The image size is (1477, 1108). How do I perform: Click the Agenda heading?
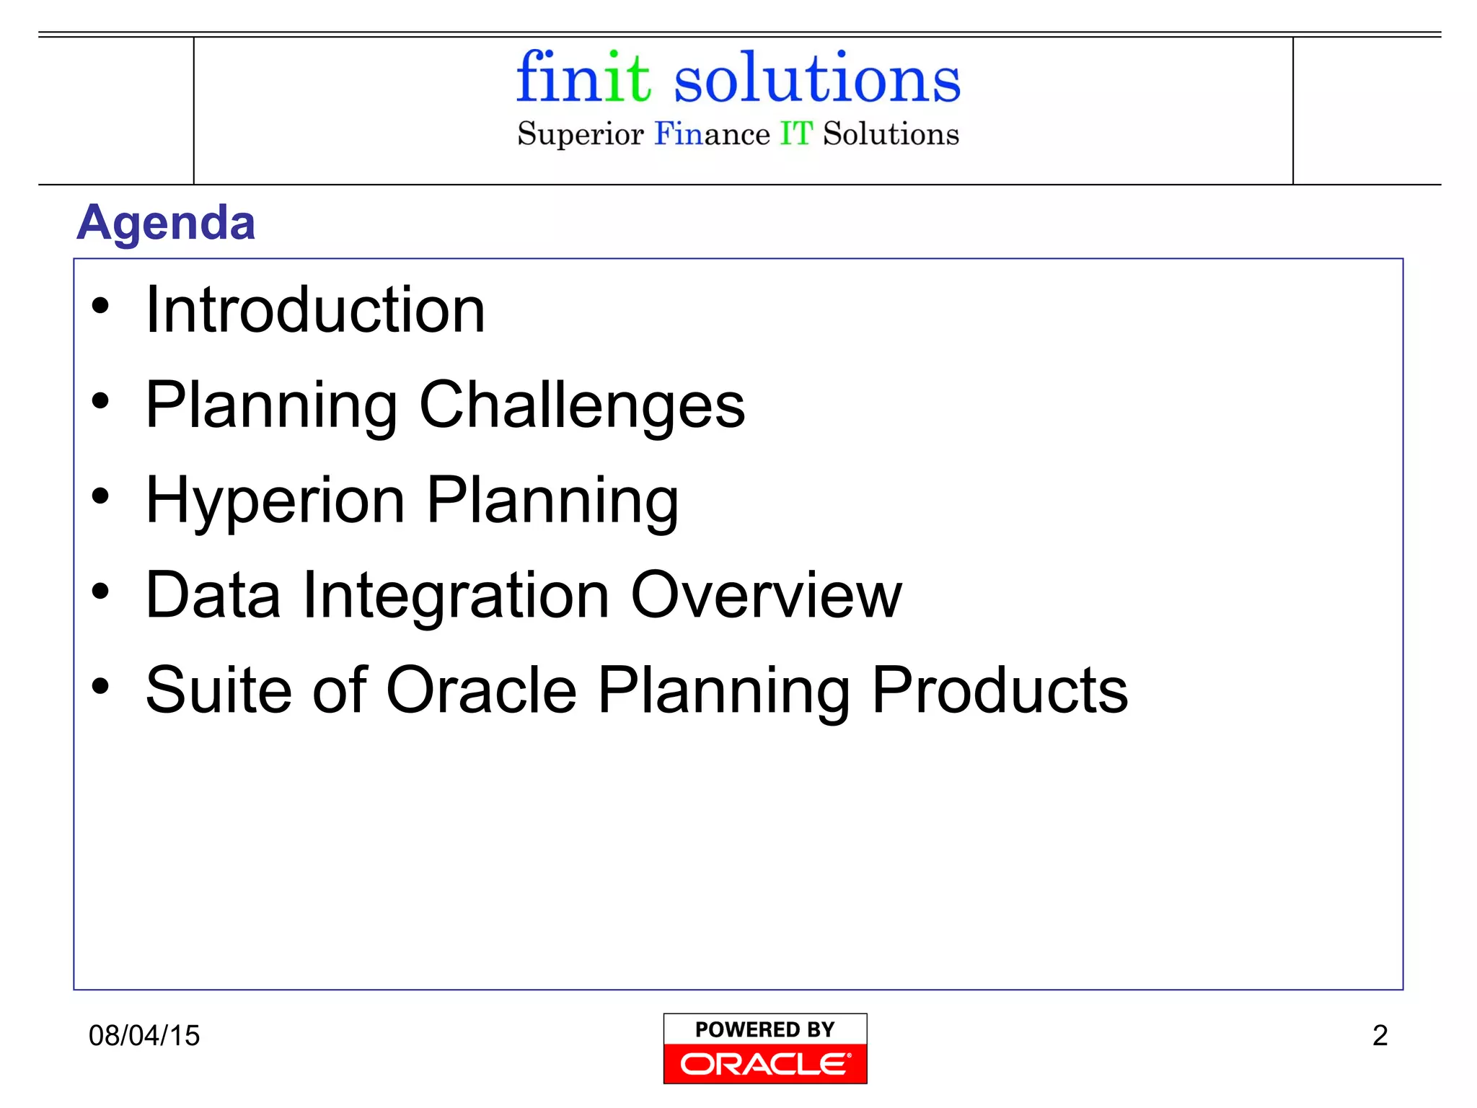(x=166, y=222)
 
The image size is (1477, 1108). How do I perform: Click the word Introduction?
(x=315, y=310)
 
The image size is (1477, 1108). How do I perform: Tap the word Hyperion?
(x=275, y=501)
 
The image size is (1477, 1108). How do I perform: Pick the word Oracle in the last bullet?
(x=481, y=690)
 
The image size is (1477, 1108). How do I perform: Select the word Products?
(x=1000, y=690)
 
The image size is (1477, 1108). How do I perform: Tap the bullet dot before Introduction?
(x=100, y=306)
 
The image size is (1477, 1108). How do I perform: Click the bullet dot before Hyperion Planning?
(x=100, y=496)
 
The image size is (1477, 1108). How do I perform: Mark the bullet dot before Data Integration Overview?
(x=100, y=592)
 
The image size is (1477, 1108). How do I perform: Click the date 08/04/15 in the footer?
(x=144, y=1036)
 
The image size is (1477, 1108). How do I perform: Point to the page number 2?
(x=1380, y=1036)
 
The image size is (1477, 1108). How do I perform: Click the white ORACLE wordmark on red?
(x=765, y=1064)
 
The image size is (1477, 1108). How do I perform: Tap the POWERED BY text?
(x=765, y=1029)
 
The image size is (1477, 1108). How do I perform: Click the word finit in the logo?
(x=583, y=77)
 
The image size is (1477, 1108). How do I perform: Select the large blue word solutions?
(x=816, y=79)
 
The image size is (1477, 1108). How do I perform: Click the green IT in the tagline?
(x=796, y=134)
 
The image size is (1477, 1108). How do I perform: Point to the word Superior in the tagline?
(x=580, y=135)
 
